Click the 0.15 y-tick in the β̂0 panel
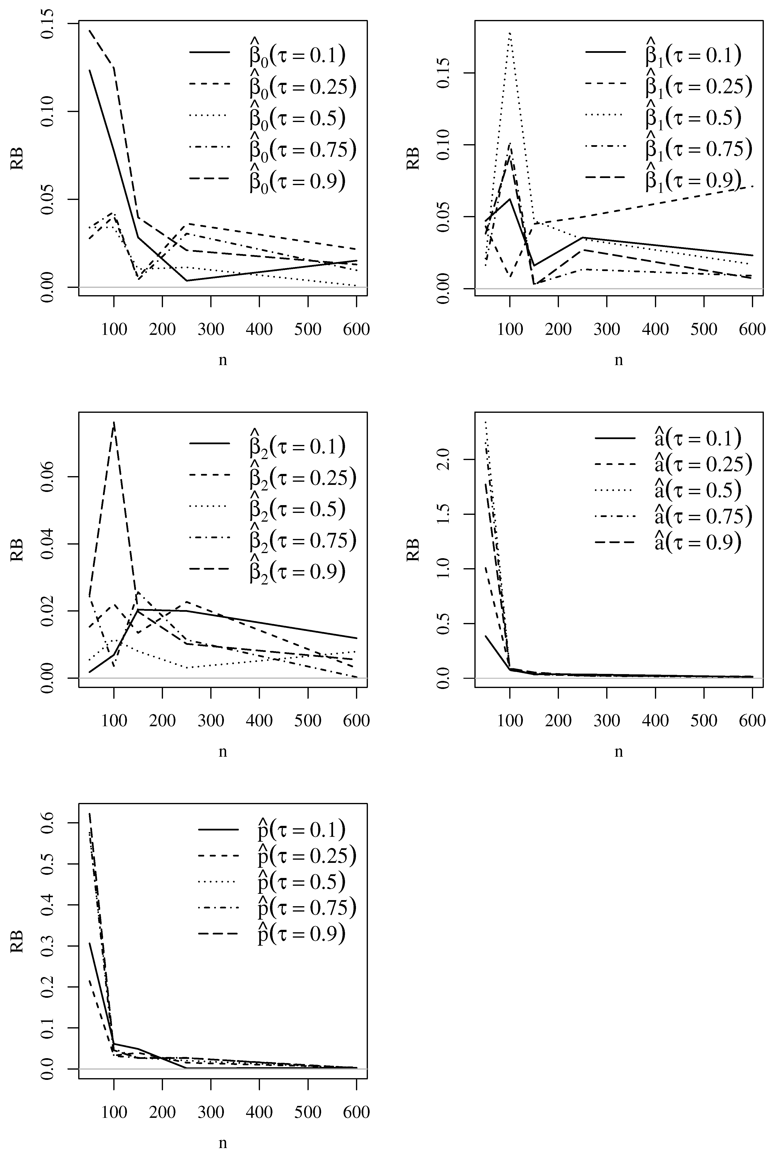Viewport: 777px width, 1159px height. click(x=48, y=23)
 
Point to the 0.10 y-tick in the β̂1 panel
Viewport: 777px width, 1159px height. click(x=444, y=145)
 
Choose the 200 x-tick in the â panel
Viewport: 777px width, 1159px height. click(x=558, y=721)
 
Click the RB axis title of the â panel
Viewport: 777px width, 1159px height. click(x=413, y=550)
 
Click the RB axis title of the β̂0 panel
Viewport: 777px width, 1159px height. click(x=17, y=159)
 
